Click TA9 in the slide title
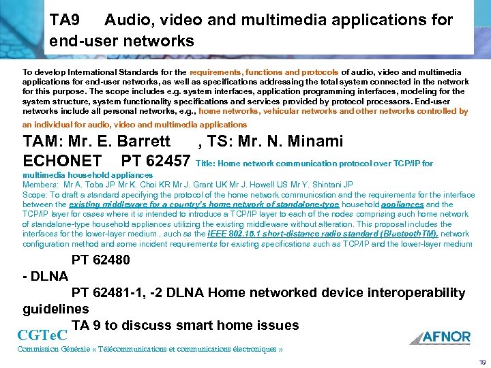[67, 20]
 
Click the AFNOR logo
[441, 336]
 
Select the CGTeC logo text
[45, 335]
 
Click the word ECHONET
[62, 162]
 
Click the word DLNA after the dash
[49, 276]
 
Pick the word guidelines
[56, 309]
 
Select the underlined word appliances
[402, 204]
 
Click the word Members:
[40, 184]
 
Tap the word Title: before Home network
[206, 164]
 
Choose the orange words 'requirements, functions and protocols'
[264, 72]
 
